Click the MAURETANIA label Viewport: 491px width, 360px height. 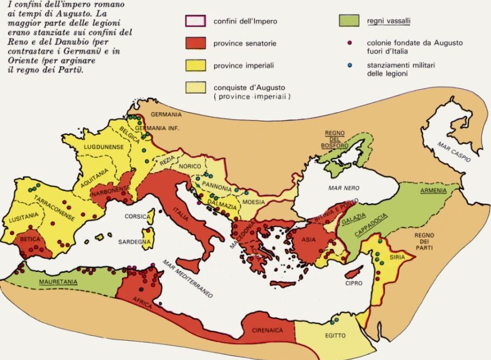[59, 282]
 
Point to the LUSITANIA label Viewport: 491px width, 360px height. [23, 217]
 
